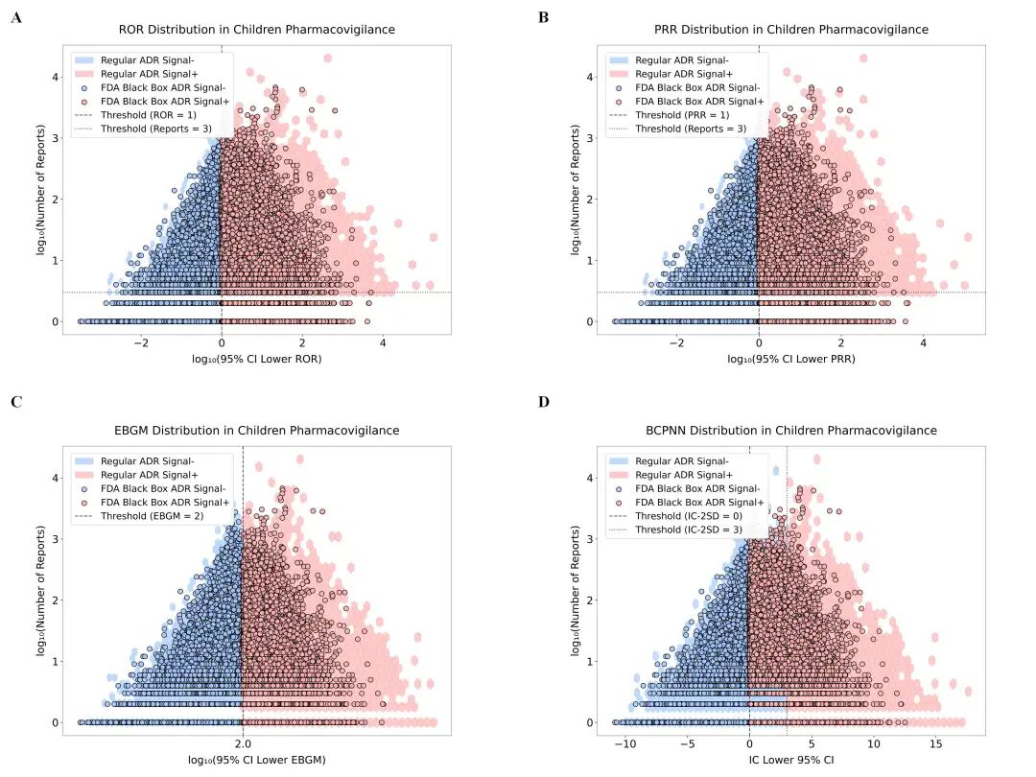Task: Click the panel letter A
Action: [x=16, y=18]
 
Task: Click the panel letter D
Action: [x=544, y=401]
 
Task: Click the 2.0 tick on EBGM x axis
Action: [x=243, y=743]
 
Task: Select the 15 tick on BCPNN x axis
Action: [x=935, y=743]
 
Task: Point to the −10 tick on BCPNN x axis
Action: [x=624, y=743]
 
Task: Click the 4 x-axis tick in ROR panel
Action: [x=383, y=342]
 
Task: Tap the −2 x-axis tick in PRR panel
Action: [x=677, y=342]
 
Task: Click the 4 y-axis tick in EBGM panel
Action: [x=56, y=478]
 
